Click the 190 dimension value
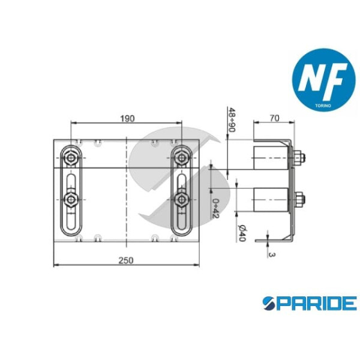point(127,118)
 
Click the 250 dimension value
point(126,260)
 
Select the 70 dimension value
point(275,118)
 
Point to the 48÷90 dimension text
point(232,119)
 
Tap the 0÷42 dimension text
point(216,209)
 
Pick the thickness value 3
point(272,254)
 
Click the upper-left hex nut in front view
point(71,158)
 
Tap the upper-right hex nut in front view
point(182,158)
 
